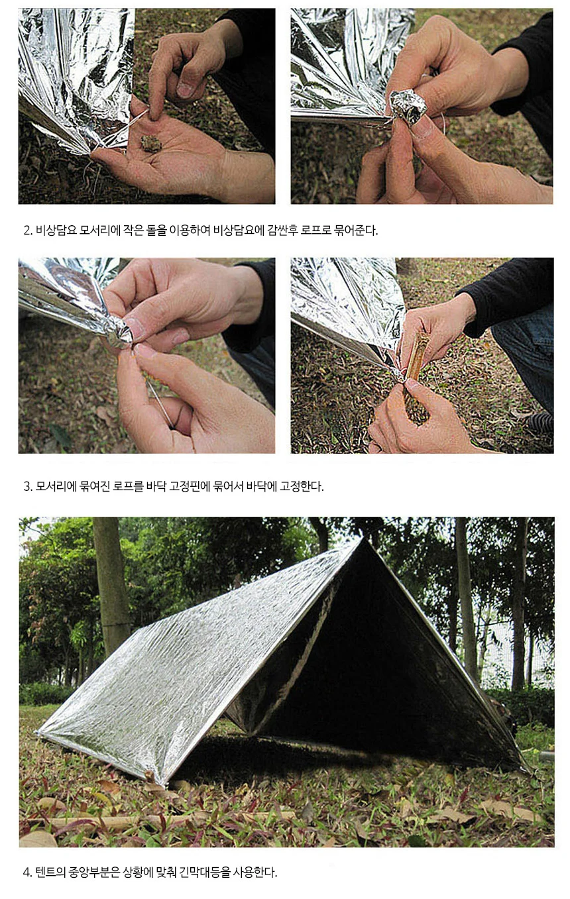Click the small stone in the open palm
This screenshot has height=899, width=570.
pos(151,144)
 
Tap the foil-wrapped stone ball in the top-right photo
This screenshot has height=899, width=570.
pos(408,107)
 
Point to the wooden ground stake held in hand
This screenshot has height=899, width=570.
pos(417,358)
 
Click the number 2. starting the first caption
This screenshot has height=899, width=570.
pos(28,231)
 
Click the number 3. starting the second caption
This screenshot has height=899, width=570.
pos(28,487)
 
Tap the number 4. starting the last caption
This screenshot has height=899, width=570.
pos(28,873)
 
